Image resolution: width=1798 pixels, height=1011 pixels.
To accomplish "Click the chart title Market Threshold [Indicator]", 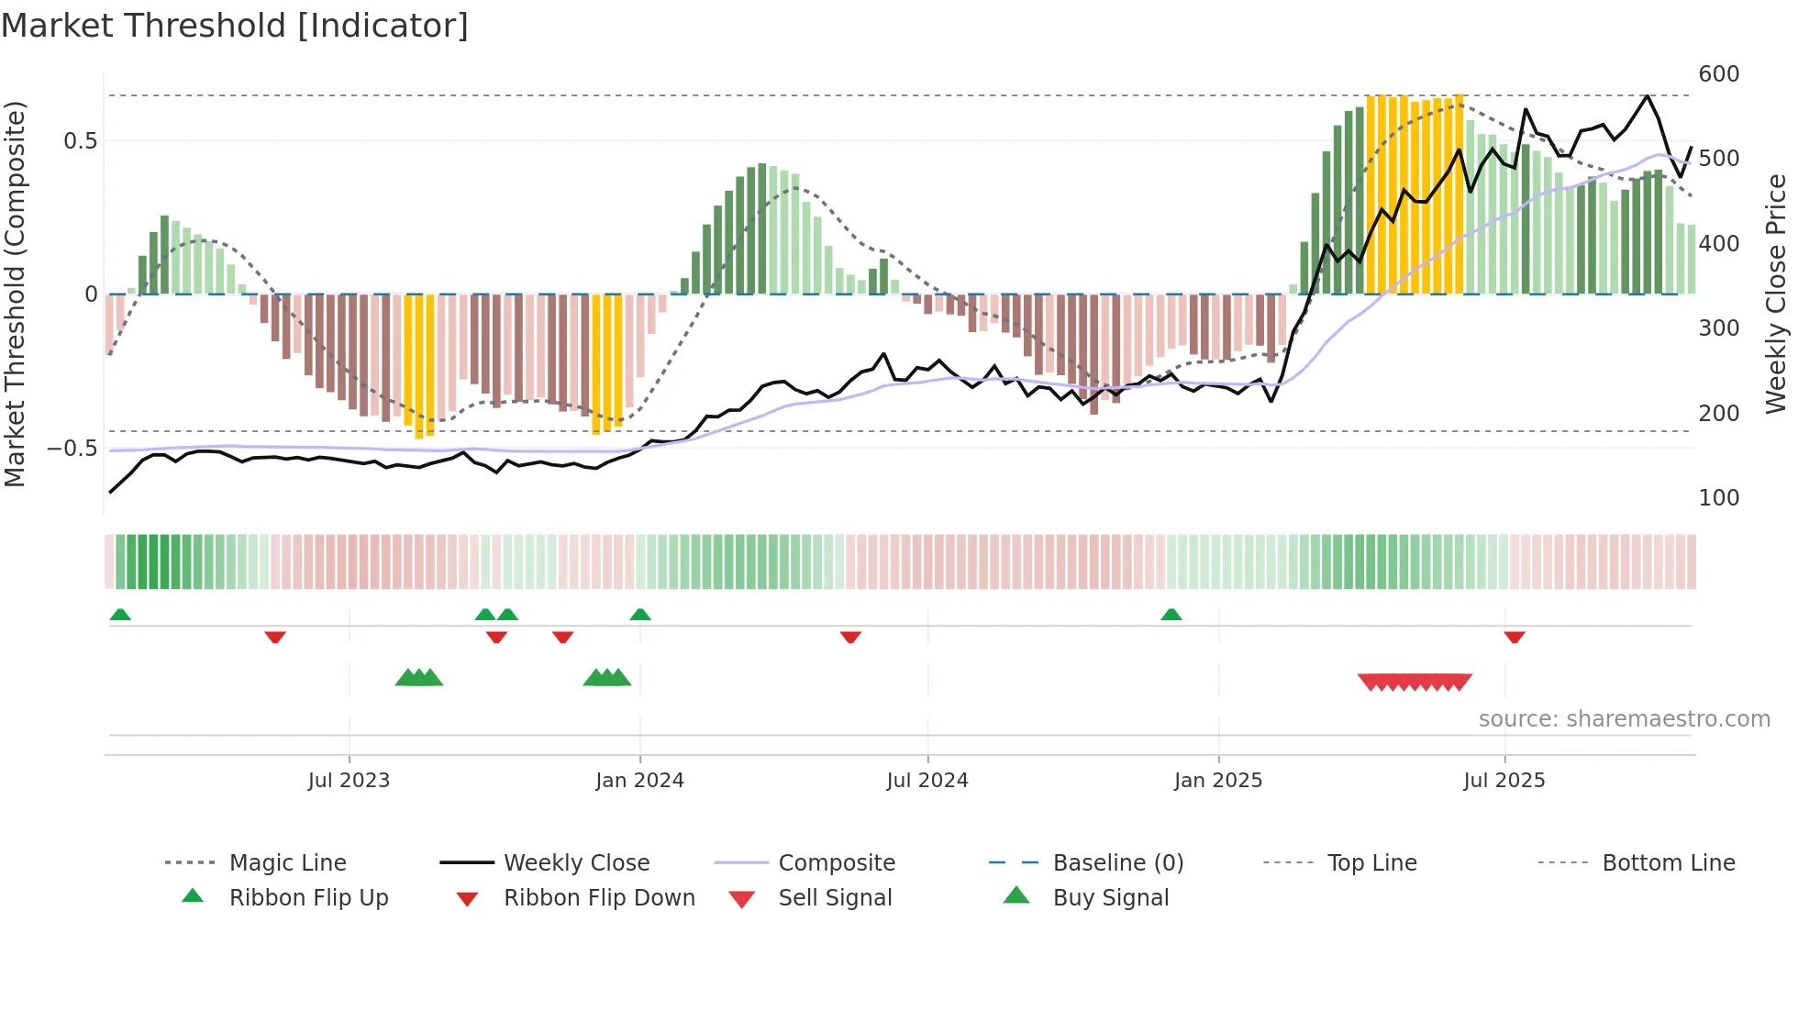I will pyautogui.click(x=235, y=26).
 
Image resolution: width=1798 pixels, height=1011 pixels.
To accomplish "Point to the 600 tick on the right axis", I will pyautogui.click(x=1718, y=74).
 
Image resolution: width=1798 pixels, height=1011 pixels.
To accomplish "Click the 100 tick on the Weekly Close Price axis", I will pyautogui.click(x=1718, y=498).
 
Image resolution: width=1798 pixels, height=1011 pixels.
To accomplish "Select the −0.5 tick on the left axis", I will pyautogui.click(x=72, y=449).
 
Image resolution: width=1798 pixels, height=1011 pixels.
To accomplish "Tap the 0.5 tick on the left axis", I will pyautogui.click(x=80, y=141).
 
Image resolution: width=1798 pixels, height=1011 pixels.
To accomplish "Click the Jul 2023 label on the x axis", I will pyautogui.click(x=349, y=781).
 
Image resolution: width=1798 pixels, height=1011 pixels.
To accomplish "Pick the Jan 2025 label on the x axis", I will pyautogui.click(x=1217, y=781).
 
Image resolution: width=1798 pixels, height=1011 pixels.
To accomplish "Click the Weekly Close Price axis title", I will pyautogui.click(x=1776, y=294).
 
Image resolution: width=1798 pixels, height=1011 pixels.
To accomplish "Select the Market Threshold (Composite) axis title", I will pyautogui.click(x=15, y=294).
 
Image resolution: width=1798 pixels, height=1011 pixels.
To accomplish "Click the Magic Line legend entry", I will pyautogui.click(x=287, y=863).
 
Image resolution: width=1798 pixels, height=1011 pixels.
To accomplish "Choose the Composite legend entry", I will pyautogui.click(x=836, y=863).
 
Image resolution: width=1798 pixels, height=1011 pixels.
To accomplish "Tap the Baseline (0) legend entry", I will pyautogui.click(x=1117, y=863).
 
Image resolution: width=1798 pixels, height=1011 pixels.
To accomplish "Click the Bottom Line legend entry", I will pyautogui.click(x=1668, y=863).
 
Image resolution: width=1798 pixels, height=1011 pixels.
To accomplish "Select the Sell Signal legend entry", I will pyautogui.click(x=834, y=898).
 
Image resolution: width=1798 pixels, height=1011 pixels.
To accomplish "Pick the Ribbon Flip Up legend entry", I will pyautogui.click(x=308, y=898).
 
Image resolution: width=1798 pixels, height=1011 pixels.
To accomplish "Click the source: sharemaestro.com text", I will pyautogui.click(x=1624, y=719).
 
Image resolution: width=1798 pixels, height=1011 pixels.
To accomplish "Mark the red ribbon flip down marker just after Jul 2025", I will pyautogui.click(x=1515, y=637).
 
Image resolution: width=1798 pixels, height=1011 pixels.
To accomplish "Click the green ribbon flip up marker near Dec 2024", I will pyautogui.click(x=1171, y=615).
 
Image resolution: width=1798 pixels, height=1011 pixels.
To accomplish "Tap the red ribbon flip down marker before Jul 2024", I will pyautogui.click(x=850, y=637).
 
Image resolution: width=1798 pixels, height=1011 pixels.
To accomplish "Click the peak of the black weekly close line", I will pyautogui.click(x=1648, y=95).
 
